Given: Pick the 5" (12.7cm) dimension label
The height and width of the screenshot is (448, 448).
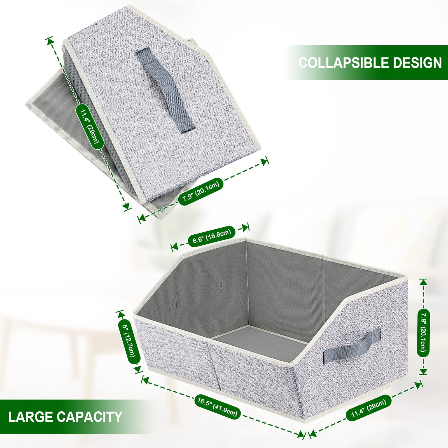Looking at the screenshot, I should point(129,342).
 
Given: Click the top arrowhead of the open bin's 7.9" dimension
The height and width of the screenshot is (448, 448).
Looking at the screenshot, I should point(423,282).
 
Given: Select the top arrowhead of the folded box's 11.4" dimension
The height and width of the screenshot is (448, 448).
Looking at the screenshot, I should point(50,41).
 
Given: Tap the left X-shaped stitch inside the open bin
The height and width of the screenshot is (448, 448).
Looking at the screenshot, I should point(172,304).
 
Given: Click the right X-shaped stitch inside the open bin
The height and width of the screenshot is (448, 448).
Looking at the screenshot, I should point(218,288).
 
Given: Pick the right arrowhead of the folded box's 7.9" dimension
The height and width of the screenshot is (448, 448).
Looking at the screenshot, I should point(264,162).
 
